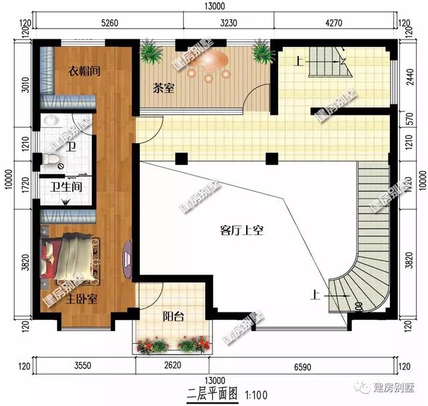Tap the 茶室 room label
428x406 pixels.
[x=164, y=87]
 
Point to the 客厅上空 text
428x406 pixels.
[x=243, y=231]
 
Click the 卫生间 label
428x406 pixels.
[x=66, y=186]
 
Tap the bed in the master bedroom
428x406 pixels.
[x=67, y=258]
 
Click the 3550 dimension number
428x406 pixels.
[x=84, y=367]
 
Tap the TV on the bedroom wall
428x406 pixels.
[x=126, y=260]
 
